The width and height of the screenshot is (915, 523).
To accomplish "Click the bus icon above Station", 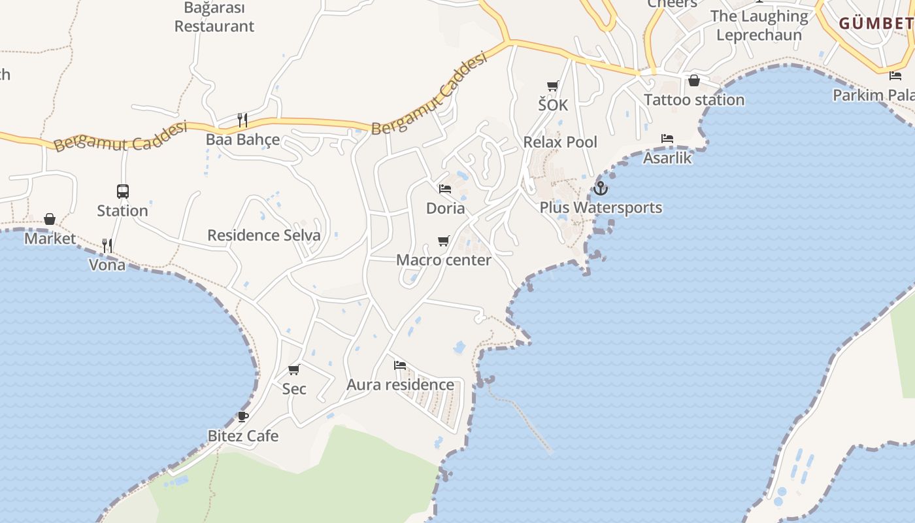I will click(123, 192).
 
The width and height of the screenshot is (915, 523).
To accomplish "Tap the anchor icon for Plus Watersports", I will click(600, 188).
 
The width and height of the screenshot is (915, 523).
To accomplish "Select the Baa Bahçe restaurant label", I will click(242, 139).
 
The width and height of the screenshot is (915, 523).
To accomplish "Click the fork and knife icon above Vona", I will click(107, 246).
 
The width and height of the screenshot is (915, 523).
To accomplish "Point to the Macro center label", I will click(444, 260).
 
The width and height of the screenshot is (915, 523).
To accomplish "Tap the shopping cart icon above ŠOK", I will click(553, 86).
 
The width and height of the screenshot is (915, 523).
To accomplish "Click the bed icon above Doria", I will click(445, 189).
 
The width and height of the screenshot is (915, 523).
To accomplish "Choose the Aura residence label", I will click(400, 384).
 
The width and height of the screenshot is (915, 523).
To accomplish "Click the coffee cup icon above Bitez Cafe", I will click(242, 416).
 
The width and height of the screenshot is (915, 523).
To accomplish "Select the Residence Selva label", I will click(264, 235).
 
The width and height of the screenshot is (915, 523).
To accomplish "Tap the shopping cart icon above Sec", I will click(294, 369).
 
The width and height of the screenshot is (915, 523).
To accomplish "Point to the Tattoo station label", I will click(694, 100).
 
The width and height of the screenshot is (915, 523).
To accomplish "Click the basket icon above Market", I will click(50, 219).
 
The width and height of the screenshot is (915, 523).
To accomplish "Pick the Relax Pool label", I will click(560, 142).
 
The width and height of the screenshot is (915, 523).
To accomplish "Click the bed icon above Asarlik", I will click(667, 139).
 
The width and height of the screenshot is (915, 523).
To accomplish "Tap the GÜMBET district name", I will click(876, 24).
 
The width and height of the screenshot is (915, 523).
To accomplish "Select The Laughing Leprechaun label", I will click(759, 25).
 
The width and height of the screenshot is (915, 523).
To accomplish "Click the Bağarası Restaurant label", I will click(214, 18).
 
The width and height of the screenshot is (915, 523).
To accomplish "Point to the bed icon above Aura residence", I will click(400, 365).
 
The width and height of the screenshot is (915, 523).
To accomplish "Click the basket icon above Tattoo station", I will click(694, 80).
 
